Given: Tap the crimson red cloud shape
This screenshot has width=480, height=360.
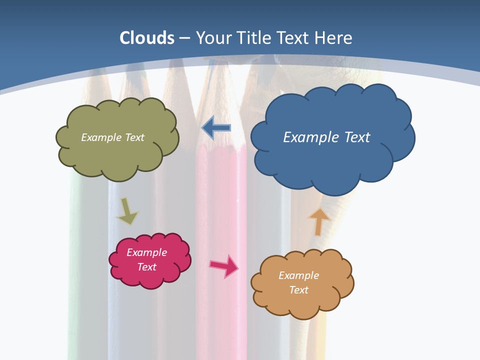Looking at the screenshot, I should [150, 277].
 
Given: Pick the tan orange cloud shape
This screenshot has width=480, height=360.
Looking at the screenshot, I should [302, 302].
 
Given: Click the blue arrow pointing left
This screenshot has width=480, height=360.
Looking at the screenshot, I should [216, 128].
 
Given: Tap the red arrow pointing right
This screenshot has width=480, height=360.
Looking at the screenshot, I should [224, 265].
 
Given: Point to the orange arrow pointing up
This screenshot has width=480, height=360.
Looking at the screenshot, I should [318, 221].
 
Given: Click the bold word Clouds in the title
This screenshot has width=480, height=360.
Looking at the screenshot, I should [147, 37].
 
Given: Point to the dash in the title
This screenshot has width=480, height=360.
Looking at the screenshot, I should [184, 37].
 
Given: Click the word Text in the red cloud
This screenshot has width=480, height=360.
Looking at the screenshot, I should [147, 267].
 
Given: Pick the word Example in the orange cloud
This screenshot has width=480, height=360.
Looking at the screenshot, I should [298, 275].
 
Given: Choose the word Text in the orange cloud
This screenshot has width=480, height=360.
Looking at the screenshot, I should [298, 290].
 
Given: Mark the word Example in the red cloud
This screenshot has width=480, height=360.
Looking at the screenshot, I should [147, 252].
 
